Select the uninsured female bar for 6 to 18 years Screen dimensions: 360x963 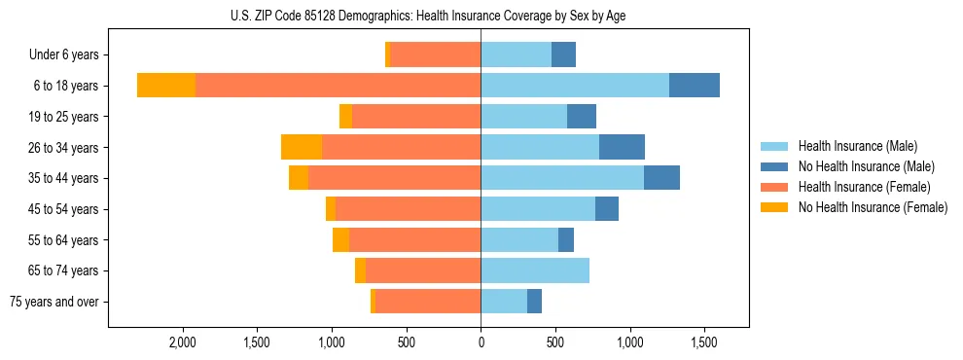click(166, 86)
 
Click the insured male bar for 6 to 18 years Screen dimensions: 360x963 click(575, 86)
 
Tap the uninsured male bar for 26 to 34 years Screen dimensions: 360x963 click(622, 147)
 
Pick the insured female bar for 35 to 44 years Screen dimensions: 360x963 click(394, 178)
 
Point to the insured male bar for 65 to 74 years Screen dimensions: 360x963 click(535, 270)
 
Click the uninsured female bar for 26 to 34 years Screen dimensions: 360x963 click(302, 147)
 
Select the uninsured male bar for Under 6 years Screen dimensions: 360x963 click(563, 54)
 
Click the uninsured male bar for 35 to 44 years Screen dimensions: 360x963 click(661, 178)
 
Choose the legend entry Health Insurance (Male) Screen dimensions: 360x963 click(857, 146)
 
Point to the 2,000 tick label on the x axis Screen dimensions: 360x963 click(183, 343)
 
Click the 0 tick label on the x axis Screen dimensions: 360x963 click(481, 343)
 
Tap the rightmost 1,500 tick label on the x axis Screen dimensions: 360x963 click(704, 343)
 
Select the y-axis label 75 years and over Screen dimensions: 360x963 click(54, 302)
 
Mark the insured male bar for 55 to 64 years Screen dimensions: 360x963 click(519, 239)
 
